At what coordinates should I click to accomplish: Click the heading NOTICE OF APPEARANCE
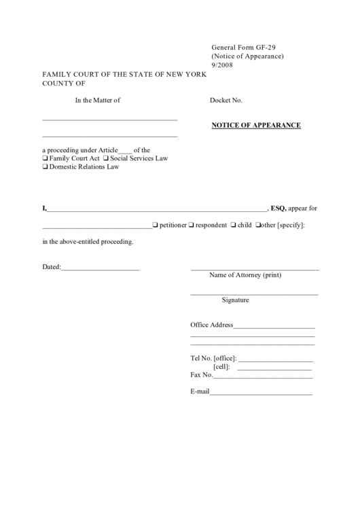(x=256, y=126)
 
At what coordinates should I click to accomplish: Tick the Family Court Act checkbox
(x=46, y=158)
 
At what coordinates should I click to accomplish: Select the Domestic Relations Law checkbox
(x=46, y=166)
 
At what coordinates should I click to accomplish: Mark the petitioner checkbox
(x=156, y=225)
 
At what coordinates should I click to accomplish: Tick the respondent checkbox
(x=192, y=225)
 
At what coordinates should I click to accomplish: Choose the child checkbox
(x=234, y=225)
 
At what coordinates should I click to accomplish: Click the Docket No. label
(x=226, y=101)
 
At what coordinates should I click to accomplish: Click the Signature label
(x=235, y=300)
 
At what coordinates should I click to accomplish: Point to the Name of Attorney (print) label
(x=245, y=275)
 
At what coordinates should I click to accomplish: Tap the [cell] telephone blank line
(x=275, y=368)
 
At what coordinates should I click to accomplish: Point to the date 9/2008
(x=221, y=65)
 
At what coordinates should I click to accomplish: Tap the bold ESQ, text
(x=278, y=208)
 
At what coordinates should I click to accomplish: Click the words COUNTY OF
(x=65, y=83)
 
